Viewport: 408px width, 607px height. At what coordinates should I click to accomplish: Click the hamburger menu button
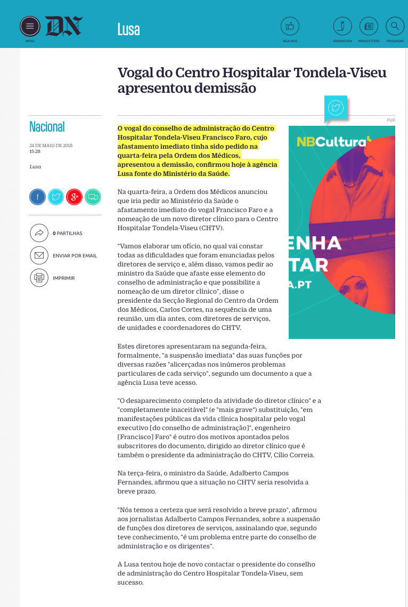[30, 26]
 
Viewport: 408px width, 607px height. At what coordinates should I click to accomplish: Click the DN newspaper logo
[64, 26]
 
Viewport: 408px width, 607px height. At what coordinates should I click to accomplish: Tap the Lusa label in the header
[128, 29]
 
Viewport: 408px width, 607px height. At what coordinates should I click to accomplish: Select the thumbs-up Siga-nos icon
[290, 26]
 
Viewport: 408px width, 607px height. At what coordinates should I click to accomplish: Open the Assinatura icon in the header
[342, 26]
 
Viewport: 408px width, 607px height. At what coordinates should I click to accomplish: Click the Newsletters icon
[369, 26]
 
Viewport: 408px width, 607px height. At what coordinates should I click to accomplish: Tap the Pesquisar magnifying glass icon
[395, 26]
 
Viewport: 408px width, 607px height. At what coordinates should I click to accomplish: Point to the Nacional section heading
[47, 127]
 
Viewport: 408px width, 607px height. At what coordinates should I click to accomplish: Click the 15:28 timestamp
[35, 151]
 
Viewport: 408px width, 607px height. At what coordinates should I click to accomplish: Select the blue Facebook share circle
[37, 197]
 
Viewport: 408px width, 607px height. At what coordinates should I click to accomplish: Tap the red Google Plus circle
[74, 197]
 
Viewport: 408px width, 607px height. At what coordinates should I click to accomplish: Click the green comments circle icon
[93, 197]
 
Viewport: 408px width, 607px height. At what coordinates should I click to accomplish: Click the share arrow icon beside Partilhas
[39, 233]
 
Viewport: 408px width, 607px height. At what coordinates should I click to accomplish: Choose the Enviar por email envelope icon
[39, 255]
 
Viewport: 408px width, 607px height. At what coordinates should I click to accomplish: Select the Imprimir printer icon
[39, 278]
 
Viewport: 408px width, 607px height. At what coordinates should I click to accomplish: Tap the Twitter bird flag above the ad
[336, 108]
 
